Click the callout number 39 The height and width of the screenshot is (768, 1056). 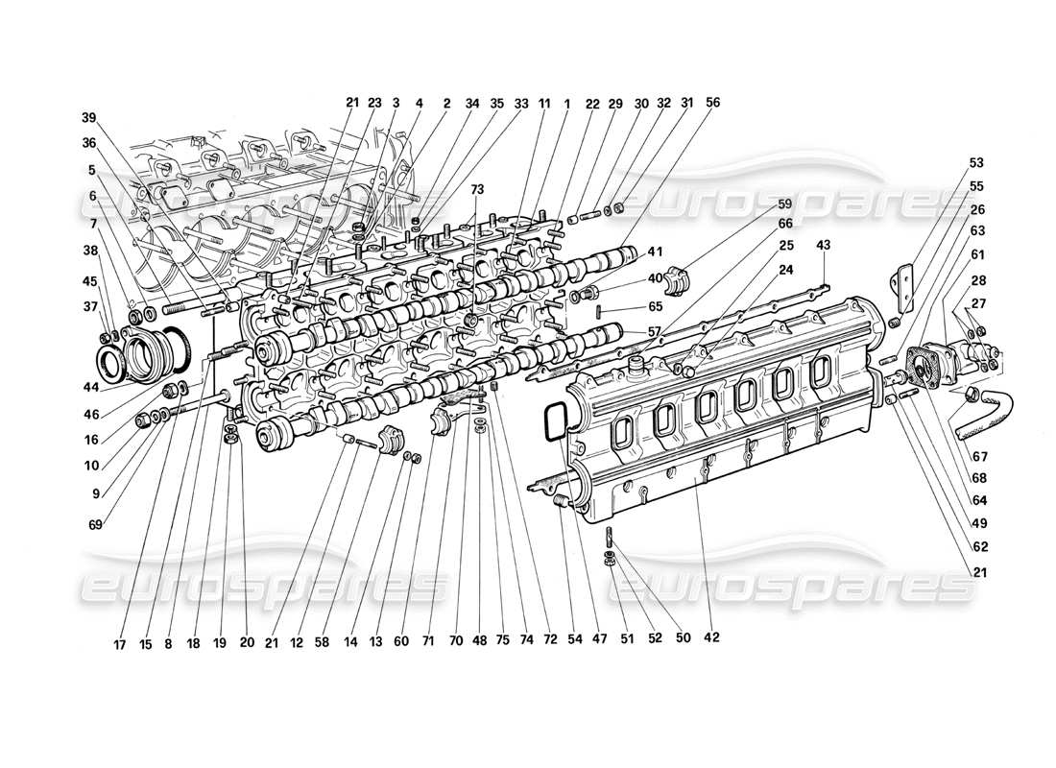point(89,118)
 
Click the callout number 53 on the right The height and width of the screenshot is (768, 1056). point(976,163)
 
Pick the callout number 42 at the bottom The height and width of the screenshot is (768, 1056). point(711,636)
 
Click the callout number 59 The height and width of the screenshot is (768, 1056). point(784,204)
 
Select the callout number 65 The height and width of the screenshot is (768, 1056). point(628,306)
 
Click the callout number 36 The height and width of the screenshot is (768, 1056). point(89,144)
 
